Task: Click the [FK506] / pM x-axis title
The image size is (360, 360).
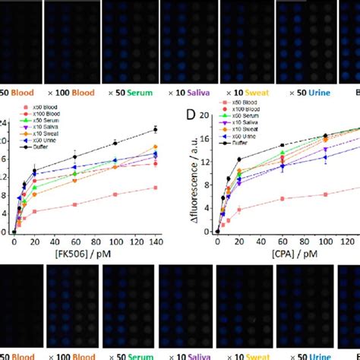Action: (81, 253)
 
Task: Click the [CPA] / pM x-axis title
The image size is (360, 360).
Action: (276, 253)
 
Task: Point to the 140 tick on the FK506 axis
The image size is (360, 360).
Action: (156, 241)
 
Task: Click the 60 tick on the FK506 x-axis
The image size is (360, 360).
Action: (74, 241)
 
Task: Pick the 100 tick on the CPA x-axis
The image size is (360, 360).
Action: (325, 241)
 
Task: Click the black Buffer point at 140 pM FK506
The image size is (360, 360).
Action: (155, 130)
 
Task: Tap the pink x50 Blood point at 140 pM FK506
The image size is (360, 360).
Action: (155, 188)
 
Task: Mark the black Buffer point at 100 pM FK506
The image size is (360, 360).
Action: (115, 143)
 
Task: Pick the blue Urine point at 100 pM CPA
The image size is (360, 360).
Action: (325, 156)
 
